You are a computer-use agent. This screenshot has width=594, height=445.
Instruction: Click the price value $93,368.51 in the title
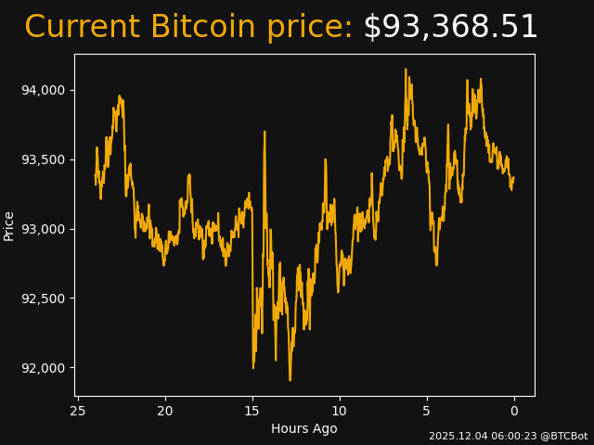(450, 27)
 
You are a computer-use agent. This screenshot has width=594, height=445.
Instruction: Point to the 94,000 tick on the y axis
(45, 90)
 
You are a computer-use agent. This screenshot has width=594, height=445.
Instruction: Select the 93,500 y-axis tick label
(45, 159)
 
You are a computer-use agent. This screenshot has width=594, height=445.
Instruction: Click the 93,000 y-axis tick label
(45, 229)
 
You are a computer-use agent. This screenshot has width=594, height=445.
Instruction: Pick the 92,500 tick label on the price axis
(45, 299)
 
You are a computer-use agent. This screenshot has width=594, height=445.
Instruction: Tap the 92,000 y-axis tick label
(45, 368)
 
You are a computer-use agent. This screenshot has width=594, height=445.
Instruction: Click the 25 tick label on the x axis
(78, 411)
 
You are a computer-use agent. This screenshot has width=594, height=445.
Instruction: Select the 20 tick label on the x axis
(165, 411)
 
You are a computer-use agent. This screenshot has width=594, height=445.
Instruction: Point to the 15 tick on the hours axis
(252, 411)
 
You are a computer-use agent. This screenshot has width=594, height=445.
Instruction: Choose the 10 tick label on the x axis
(340, 411)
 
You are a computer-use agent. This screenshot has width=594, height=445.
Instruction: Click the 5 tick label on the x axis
(427, 411)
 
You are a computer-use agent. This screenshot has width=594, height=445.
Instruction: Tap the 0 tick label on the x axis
(514, 411)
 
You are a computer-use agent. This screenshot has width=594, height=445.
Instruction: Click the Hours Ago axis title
(304, 428)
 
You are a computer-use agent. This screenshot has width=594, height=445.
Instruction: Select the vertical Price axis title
(9, 225)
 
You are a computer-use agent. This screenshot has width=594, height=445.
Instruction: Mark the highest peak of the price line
(406, 69)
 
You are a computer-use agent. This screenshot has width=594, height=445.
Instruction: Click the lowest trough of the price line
(290, 380)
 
